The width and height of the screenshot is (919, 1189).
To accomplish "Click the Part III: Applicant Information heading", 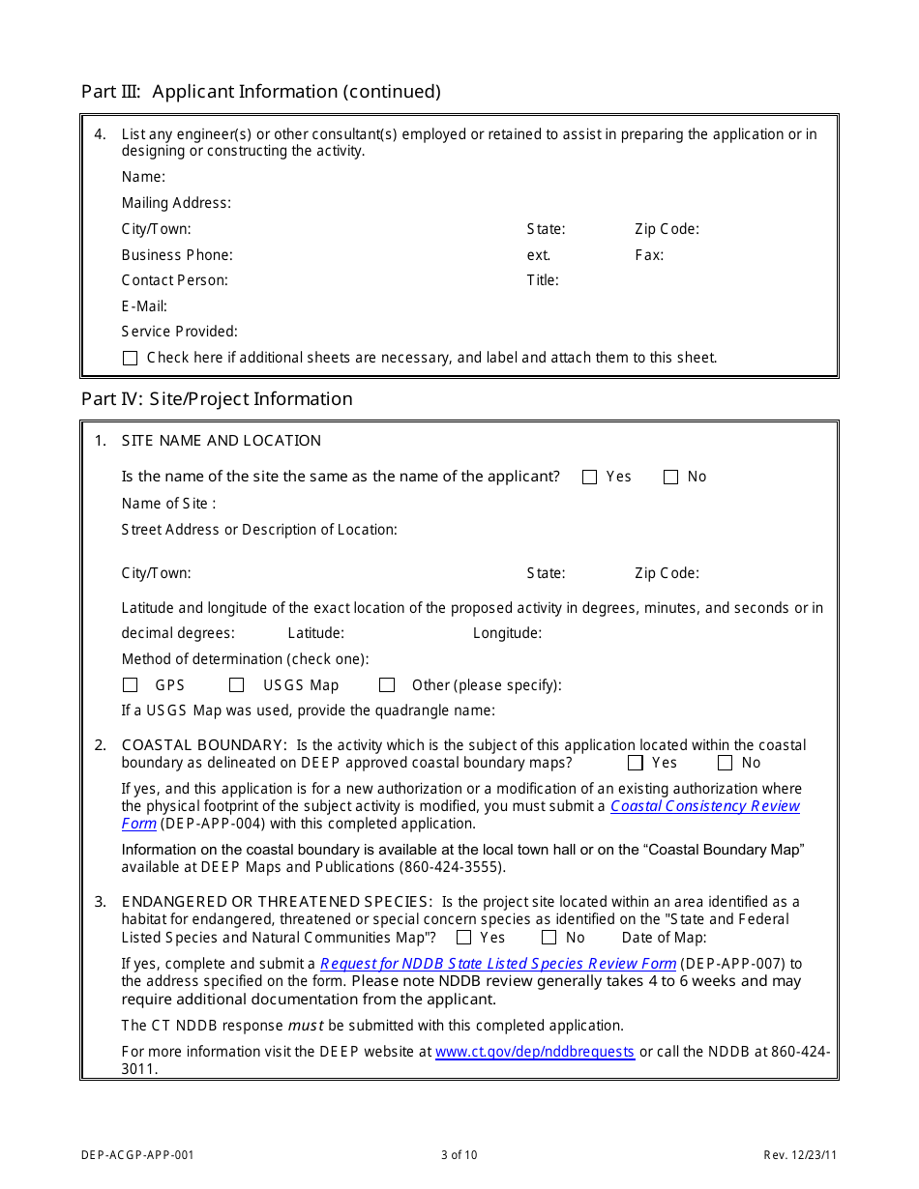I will pos(260,92).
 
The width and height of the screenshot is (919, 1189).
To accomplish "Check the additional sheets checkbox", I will pos(131,358).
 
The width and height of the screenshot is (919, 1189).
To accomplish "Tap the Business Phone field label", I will pos(177,255).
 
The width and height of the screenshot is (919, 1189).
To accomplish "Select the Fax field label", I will pos(649,255).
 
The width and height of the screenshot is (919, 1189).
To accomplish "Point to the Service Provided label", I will pos(179,332).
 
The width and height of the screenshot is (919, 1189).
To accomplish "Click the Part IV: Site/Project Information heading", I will pos(217,399).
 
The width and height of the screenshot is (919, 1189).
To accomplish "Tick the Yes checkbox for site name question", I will pos(590,477).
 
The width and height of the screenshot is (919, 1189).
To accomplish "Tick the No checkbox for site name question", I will pos(670,477).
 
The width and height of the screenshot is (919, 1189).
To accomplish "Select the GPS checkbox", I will pos(131,685).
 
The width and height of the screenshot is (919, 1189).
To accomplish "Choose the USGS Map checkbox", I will pos(236,685).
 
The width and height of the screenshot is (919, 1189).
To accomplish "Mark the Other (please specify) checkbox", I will pos(387,685).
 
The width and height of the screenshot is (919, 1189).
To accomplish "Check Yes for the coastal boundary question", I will pos(636,763).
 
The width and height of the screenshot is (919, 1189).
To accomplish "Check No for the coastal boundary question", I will pos(725,763).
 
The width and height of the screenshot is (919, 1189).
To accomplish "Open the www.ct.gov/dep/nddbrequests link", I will pos(535,1052).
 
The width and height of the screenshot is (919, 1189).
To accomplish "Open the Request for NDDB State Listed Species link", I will pos(497,964).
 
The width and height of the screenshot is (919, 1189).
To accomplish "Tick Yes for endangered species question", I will pos(464,938).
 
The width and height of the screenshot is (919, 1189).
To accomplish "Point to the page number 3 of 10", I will pos(459,1154).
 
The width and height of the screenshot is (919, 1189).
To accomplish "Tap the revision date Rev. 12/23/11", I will pos(800,1154).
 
